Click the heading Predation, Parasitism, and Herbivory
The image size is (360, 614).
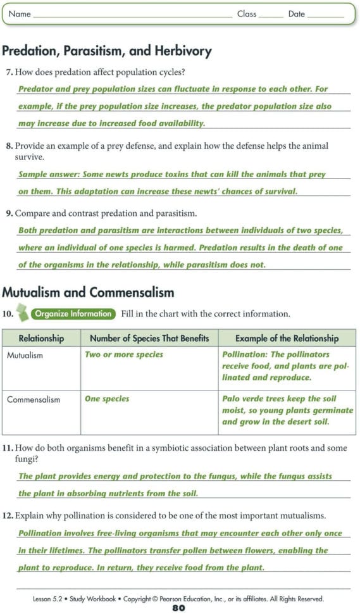pyautogui.click(x=107, y=51)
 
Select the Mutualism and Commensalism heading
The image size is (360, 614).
pyautogui.click(x=88, y=292)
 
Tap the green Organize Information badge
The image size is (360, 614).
pyautogui.click(x=74, y=314)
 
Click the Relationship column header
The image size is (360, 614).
pyautogui.click(x=41, y=339)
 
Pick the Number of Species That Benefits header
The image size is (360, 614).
pyautogui.click(x=149, y=339)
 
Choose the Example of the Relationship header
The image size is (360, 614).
pyautogui.click(x=287, y=339)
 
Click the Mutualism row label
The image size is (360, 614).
pyautogui.click(x=25, y=355)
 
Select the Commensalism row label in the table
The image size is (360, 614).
pyautogui.click(x=34, y=399)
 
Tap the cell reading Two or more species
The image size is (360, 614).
pyautogui.click(x=124, y=354)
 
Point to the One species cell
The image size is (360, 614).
pyautogui.click(x=107, y=399)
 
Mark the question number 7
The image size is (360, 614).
pyautogui.click(x=9, y=73)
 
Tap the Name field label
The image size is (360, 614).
pyautogui.click(x=20, y=14)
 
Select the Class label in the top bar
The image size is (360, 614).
pyautogui.click(x=247, y=14)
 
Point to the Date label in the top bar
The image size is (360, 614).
pyautogui.click(x=297, y=14)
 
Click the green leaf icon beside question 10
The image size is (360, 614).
pyautogui.click(x=23, y=313)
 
